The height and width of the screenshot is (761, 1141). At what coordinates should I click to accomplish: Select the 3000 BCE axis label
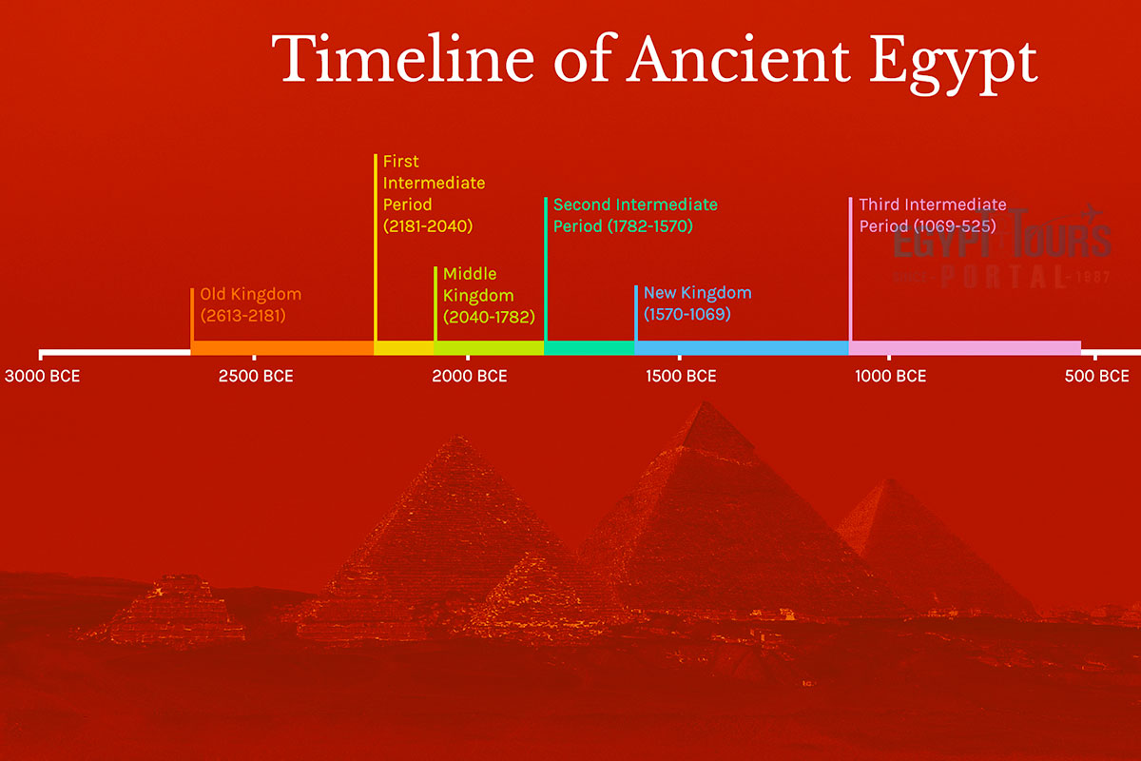[42, 376]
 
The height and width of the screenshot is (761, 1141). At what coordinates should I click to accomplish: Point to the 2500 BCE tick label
[256, 376]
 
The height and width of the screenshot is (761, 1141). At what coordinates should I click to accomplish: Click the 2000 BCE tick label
[470, 376]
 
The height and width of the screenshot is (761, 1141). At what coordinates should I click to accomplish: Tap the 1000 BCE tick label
[890, 376]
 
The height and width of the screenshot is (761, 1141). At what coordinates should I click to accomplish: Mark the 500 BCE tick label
[1096, 376]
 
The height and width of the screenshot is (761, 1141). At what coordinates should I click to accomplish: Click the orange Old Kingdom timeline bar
[282, 348]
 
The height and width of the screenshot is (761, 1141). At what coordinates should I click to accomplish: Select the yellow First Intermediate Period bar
[404, 348]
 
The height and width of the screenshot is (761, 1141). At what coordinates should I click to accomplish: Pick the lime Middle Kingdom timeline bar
[489, 348]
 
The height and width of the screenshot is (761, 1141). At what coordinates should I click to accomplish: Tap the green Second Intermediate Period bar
[590, 348]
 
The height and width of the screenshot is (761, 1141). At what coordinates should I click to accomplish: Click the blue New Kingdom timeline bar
[742, 348]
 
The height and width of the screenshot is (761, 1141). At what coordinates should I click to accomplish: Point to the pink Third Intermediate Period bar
[964, 348]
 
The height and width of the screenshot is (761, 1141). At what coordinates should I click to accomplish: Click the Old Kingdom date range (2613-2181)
[242, 315]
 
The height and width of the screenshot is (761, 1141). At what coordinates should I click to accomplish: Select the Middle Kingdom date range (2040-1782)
[489, 316]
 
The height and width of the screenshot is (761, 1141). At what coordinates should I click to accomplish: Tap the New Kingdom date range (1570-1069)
[687, 313]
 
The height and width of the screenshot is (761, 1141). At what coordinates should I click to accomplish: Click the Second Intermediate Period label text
[634, 215]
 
